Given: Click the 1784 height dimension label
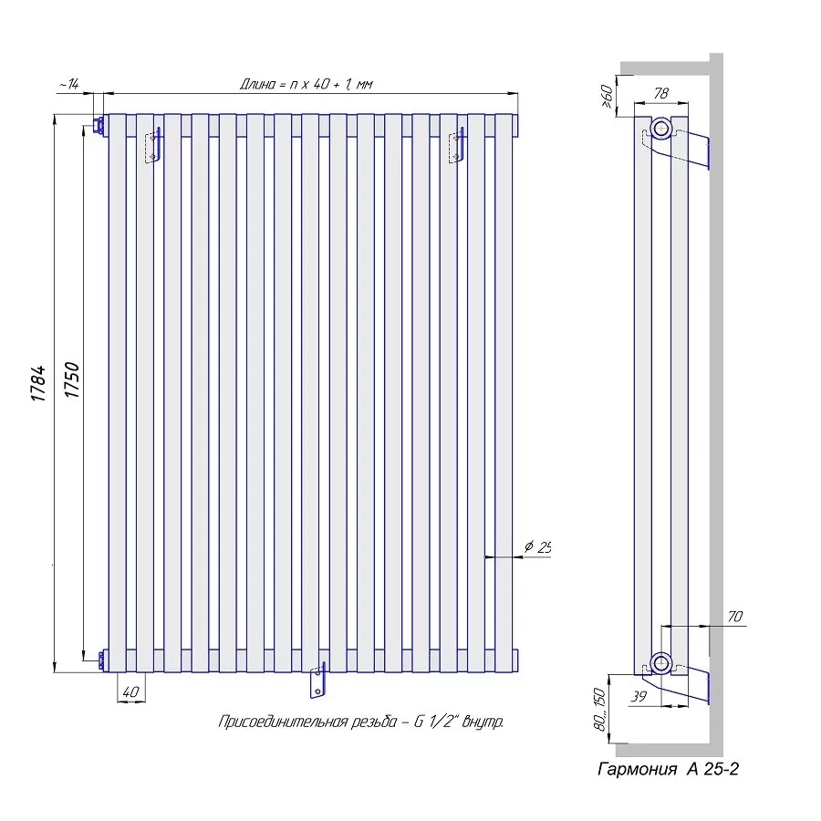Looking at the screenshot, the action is [x=39, y=384].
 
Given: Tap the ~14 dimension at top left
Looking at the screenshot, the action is [x=68, y=84].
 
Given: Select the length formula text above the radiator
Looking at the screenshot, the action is [x=307, y=84].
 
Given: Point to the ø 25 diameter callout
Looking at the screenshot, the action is [x=537, y=547].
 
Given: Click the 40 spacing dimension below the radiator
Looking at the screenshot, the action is [x=130, y=691].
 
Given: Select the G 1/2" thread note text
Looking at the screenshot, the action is [x=360, y=722].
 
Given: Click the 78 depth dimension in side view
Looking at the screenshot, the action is [x=660, y=93].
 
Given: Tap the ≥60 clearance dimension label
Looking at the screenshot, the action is [x=608, y=97].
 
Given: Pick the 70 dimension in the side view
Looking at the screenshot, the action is [x=735, y=617].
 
